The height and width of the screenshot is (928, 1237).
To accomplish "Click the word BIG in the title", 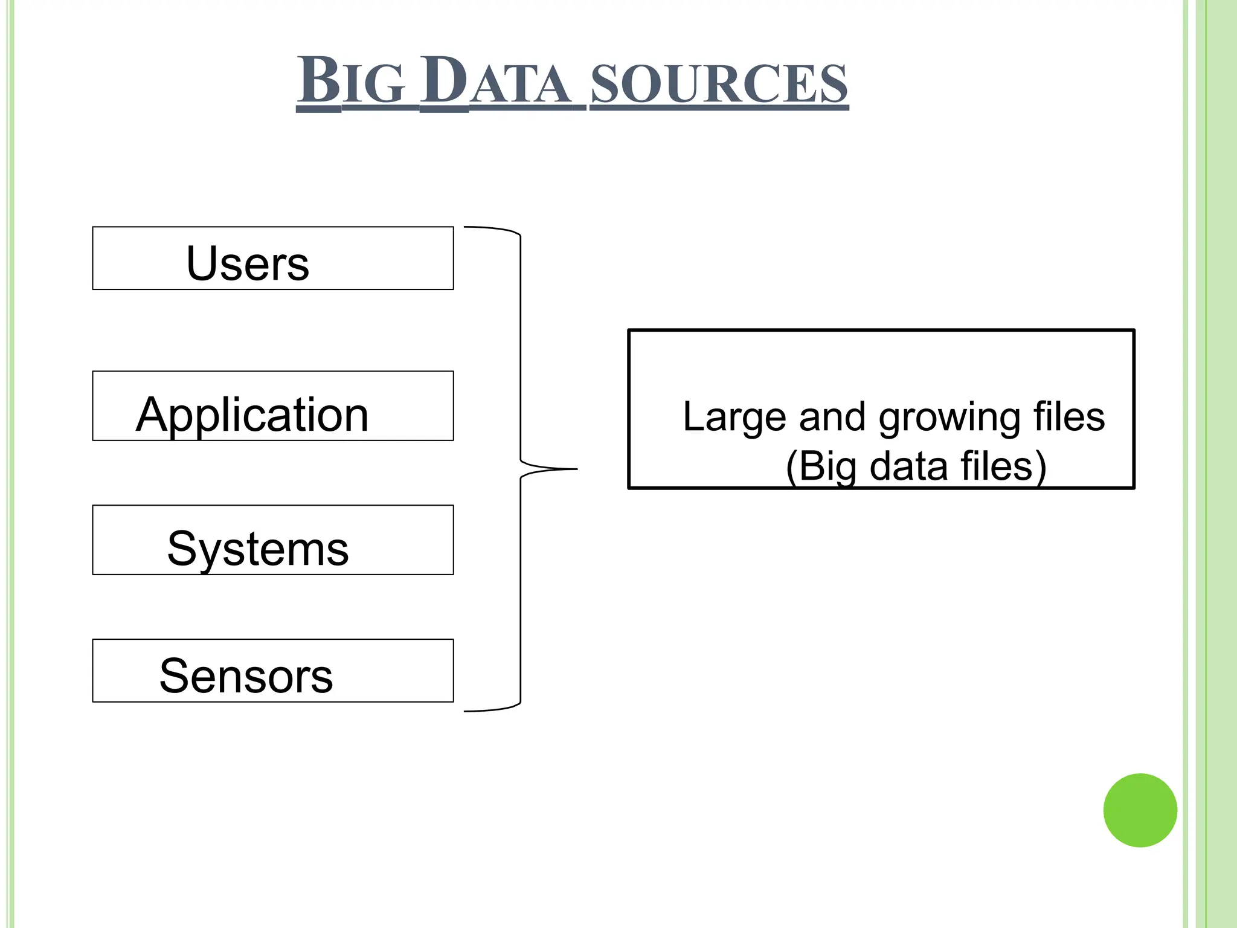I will pyautogui.click(x=350, y=82).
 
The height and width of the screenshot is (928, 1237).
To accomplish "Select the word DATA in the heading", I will pyautogui.click(x=495, y=82).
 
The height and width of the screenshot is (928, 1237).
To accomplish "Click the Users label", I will pyautogui.click(x=248, y=263).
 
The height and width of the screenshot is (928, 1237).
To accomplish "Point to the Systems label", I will pyautogui.click(x=258, y=549).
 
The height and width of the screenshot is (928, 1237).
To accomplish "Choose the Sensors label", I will pyautogui.click(x=246, y=675).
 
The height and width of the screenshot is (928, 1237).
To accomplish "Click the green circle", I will pyautogui.click(x=1140, y=810).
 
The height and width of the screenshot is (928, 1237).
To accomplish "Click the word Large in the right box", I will pyautogui.click(x=734, y=418).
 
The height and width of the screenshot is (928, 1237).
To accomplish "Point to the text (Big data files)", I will pyautogui.click(x=916, y=466).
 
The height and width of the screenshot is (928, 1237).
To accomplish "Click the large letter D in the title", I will pyautogui.click(x=444, y=80).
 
